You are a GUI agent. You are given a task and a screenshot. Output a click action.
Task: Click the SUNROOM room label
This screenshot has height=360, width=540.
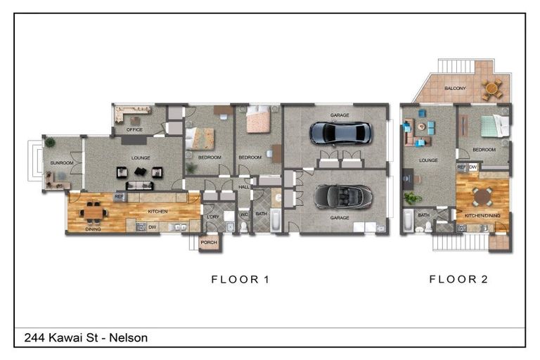[x=53, y=163]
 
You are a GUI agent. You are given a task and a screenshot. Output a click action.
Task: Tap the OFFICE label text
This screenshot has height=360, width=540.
[x=134, y=130]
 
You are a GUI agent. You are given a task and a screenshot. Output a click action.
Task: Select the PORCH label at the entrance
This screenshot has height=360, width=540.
[x=209, y=243]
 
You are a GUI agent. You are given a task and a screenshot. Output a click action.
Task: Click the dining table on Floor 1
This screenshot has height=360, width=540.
[x=93, y=212]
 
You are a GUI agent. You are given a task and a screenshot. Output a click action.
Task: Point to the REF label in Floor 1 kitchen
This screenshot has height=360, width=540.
[x=119, y=197]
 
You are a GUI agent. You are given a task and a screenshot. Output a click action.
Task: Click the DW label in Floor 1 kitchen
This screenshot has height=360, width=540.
[x=152, y=226]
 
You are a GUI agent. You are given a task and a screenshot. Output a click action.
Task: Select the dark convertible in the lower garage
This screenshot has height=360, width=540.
[x=340, y=196]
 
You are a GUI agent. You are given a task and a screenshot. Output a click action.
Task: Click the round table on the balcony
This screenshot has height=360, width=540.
[x=493, y=89]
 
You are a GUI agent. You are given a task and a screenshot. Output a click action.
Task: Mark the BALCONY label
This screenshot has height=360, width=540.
[x=454, y=89]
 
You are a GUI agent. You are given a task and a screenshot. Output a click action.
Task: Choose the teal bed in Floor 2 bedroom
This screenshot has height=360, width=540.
[x=494, y=126]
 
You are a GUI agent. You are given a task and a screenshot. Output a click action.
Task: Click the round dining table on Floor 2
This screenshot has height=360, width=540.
[x=482, y=195]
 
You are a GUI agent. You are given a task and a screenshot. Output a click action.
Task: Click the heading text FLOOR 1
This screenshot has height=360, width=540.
[x=240, y=280]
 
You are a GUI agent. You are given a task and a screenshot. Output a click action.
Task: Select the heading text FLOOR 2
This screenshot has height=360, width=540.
[x=458, y=280]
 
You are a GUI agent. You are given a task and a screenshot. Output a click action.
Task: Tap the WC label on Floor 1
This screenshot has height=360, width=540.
[x=244, y=214]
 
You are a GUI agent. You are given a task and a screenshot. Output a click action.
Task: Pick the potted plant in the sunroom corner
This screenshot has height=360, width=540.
[x=50, y=143]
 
